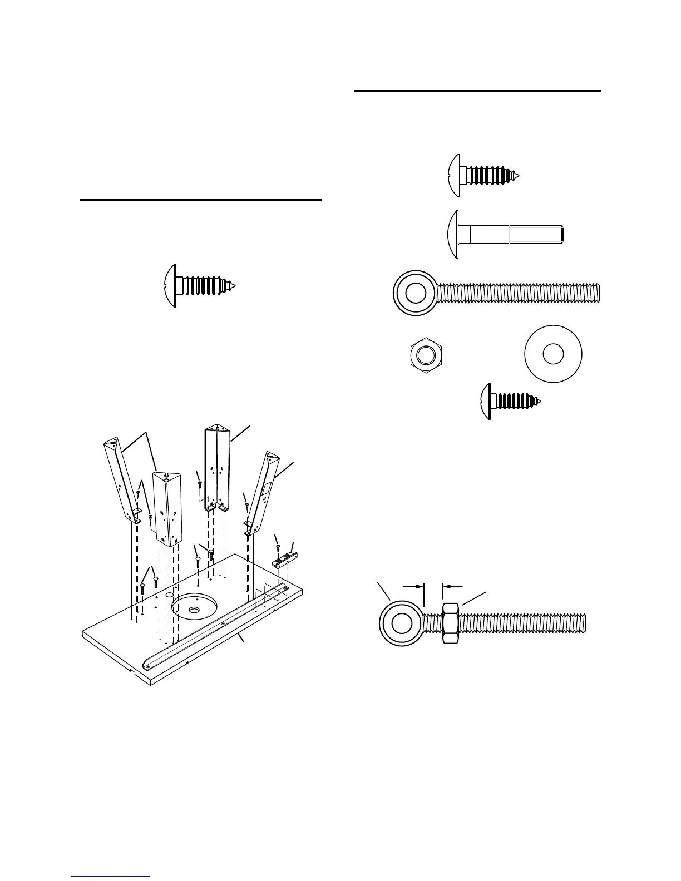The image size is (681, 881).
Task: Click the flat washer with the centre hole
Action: [x=553, y=354]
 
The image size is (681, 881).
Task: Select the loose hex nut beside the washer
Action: [x=426, y=354]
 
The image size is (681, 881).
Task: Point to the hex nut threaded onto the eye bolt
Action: [x=450, y=623]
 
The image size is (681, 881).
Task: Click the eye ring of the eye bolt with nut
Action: [x=400, y=623]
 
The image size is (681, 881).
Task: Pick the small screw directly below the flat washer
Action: [x=510, y=401]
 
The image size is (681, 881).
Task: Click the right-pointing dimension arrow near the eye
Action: [x=413, y=586]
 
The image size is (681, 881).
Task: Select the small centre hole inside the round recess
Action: [x=194, y=610]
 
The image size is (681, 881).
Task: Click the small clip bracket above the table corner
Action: [x=285, y=560]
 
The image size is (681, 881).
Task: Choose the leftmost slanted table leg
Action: [x=121, y=478]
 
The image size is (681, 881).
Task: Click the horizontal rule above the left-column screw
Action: [x=201, y=199]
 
